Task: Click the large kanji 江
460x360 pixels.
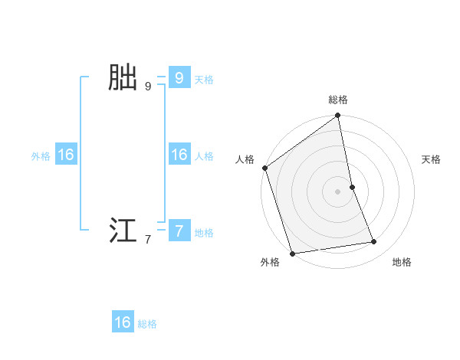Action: click(123, 231)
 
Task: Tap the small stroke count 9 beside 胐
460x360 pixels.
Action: click(148, 87)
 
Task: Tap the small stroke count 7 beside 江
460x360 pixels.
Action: click(148, 240)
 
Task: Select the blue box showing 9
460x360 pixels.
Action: click(179, 77)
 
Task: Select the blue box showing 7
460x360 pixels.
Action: click(179, 231)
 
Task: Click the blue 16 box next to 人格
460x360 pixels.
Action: click(179, 155)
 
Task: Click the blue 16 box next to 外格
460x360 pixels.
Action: click(66, 155)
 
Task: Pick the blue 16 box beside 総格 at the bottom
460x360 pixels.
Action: click(123, 322)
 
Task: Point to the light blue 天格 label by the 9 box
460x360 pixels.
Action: click(204, 79)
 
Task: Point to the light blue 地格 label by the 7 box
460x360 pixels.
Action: click(204, 233)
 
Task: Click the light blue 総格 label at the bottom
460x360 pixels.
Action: click(147, 324)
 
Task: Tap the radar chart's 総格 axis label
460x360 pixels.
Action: click(338, 100)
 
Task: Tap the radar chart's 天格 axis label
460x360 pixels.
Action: click(431, 159)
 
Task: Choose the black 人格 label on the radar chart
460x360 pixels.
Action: click(245, 159)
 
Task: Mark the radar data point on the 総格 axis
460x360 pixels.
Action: click(338, 116)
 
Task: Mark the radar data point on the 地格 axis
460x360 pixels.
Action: click(374, 242)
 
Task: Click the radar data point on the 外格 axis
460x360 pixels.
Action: click(292, 254)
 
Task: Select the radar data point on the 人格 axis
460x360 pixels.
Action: click(264, 168)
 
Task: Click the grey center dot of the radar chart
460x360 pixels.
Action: click(338, 191)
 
